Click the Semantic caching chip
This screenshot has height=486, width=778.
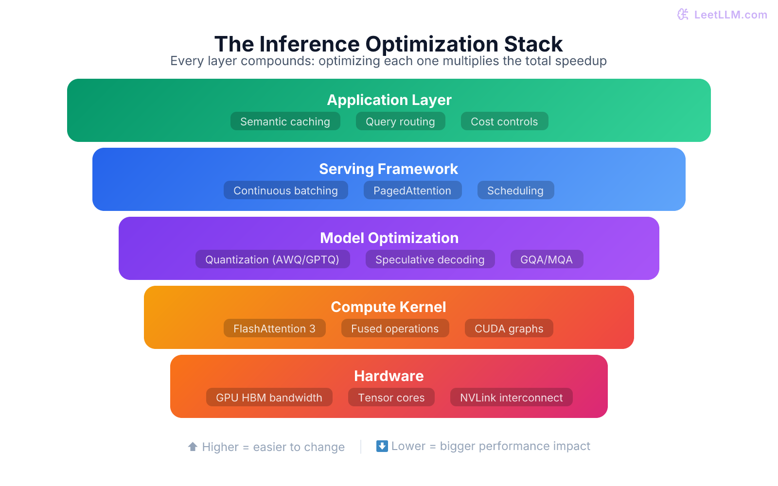pos(285,121)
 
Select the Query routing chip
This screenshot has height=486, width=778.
pos(400,121)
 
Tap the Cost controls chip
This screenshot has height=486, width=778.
pos(504,121)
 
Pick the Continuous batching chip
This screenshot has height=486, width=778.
pos(285,191)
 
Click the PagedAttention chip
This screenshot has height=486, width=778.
pos(412,191)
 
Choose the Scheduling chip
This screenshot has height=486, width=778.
pos(515,191)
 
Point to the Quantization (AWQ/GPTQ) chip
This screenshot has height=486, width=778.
pos(272,260)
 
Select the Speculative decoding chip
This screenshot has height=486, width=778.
pos(430,260)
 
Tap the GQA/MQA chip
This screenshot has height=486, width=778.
pos(547,260)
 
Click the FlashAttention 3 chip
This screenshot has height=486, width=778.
pos(274,329)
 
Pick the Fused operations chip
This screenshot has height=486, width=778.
pos(395,329)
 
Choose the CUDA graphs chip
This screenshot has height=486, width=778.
pos(509,329)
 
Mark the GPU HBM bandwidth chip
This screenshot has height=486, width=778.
pos(269,398)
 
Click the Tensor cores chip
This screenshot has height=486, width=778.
pos(391,398)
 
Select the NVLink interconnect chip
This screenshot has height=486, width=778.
pos(511,398)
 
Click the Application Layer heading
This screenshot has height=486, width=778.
pos(389,100)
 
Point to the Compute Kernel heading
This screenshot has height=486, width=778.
pos(389,307)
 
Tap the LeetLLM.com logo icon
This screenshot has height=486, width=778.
pos(683,15)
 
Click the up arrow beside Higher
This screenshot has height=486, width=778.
pos(193,447)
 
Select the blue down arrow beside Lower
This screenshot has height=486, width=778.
pos(382,446)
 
